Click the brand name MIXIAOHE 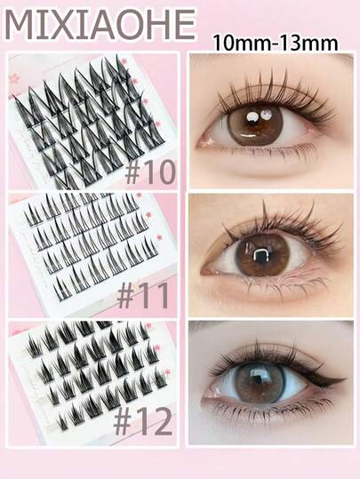(x=100, y=25)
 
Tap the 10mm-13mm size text (x=276, y=43)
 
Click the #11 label (x=143, y=296)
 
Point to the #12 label (x=143, y=422)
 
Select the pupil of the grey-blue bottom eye (x=260, y=382)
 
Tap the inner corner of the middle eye (x=205, y=270)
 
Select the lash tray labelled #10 (x=92, y=121)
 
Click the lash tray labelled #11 (x=92, y=253)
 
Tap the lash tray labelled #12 (x=92, y=382)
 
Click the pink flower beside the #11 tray (x=159, y=237)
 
